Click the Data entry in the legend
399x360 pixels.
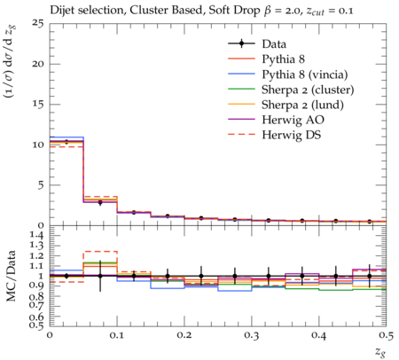(274, 44)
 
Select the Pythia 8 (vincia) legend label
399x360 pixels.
(305, 74)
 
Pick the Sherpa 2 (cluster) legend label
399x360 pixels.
(308, 90)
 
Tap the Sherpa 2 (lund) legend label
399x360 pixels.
(302, 105)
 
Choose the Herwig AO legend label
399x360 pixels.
(293, 120)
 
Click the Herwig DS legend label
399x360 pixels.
(292, 135)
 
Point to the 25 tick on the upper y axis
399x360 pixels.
(38, 23)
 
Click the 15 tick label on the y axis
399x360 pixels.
(38, 105)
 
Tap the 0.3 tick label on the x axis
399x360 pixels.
(252, 335)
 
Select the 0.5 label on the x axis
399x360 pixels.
(386, 335)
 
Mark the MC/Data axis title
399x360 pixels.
(11, 276)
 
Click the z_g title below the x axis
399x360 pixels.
(380, 351)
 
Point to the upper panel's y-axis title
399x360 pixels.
(11, 61)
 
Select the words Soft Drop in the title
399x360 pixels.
(234, 11)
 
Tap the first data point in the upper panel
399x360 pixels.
(66, 142)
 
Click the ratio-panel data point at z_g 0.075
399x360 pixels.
(100, 276)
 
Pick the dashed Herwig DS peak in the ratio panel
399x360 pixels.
(100, 252)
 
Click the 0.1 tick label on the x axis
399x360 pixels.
(117, 335)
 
